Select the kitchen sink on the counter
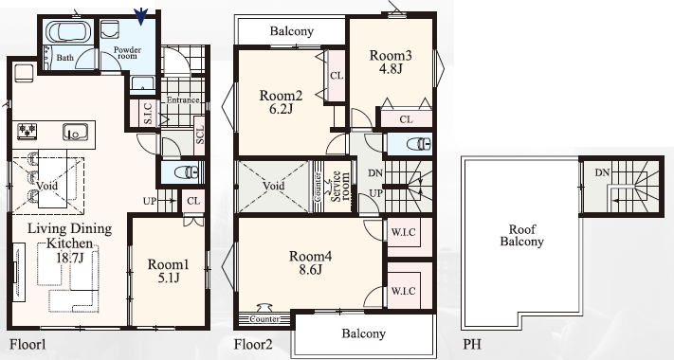point(75,132)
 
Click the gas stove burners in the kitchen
point(27,131)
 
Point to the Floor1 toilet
point(187,172)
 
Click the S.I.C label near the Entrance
point(148,114)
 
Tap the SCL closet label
point(199,135)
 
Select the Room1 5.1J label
point(169,271)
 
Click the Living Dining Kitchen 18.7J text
point(69,243)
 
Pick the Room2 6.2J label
point(281,101)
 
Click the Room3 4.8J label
point(391,62)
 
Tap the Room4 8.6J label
point(310,262)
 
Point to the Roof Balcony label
point(521,235)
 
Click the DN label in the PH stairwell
point(602,172)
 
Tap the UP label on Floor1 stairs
point(150,201)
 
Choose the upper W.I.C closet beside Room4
point(403,232)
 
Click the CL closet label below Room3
point(407,119)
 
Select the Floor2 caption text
point(253,345)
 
